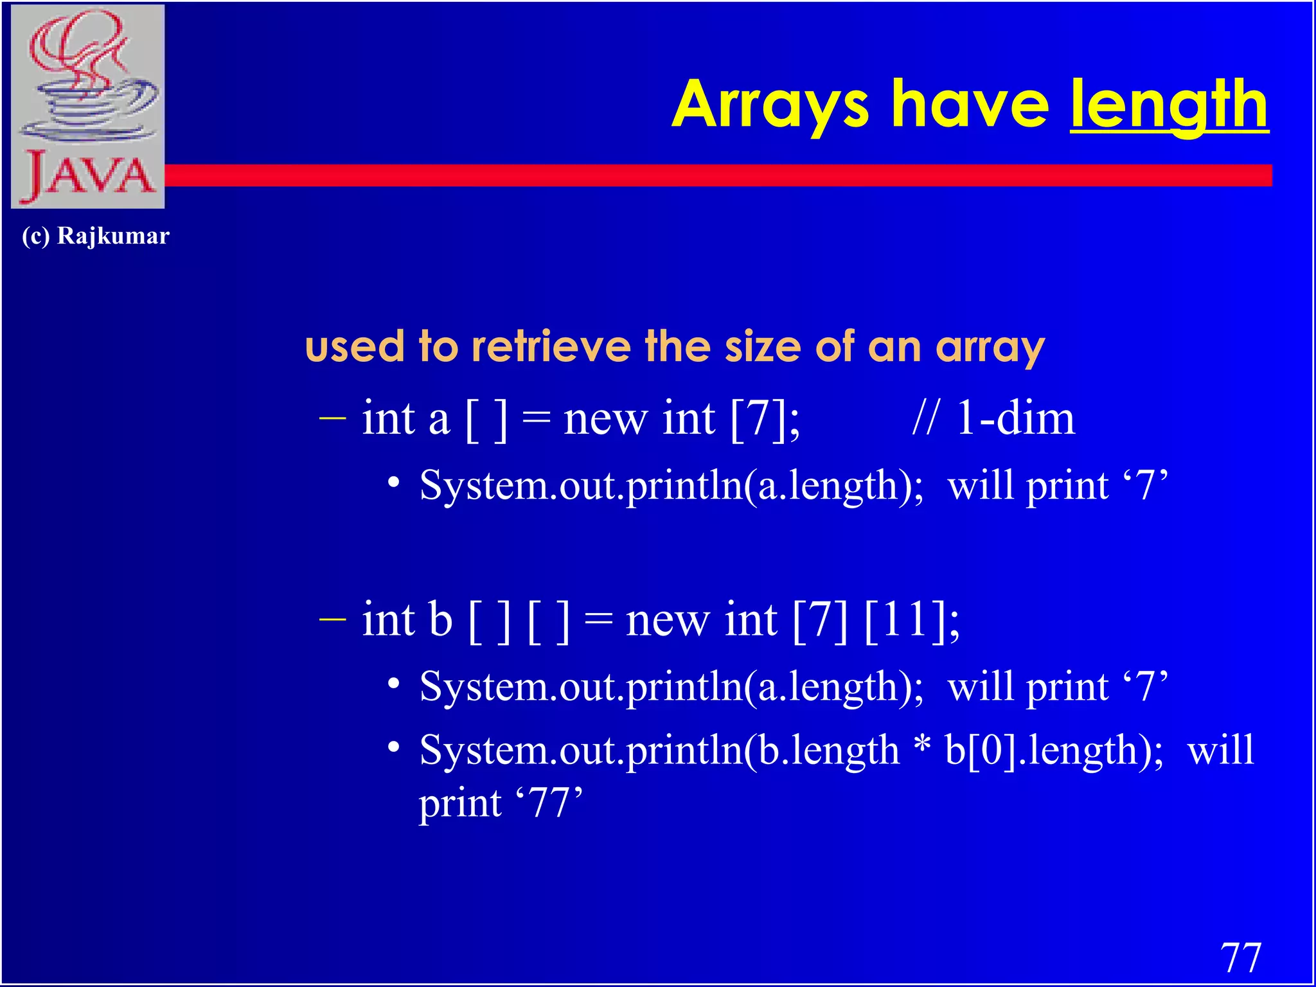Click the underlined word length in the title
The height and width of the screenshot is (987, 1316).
1169,106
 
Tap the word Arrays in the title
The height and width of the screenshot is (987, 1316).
770,106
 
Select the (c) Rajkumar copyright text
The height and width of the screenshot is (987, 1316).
95,236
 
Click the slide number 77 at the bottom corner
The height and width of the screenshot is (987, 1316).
1240,957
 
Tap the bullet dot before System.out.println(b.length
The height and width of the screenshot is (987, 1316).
394,747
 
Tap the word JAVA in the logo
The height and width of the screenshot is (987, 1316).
88,177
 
